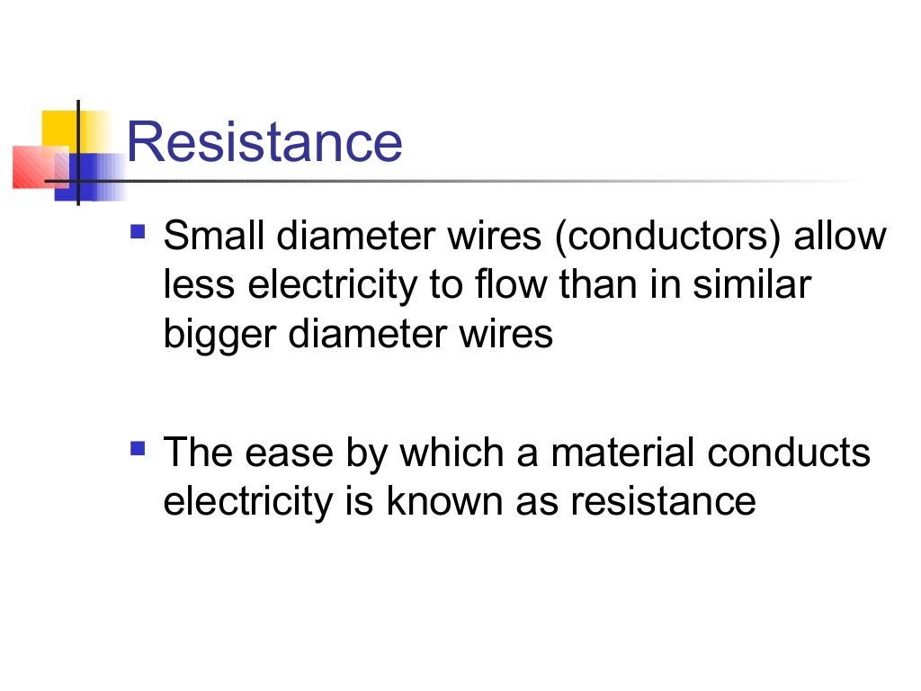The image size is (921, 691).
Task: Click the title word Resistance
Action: point(264,142)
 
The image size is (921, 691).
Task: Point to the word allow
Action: point(840,238)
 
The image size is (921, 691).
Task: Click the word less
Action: point(200,286)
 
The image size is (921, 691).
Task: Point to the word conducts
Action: point(790,453)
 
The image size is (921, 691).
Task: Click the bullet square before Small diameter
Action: point(138,231)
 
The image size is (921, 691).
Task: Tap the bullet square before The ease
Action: point(138,446)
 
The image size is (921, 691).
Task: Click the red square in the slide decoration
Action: point(30,167)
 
